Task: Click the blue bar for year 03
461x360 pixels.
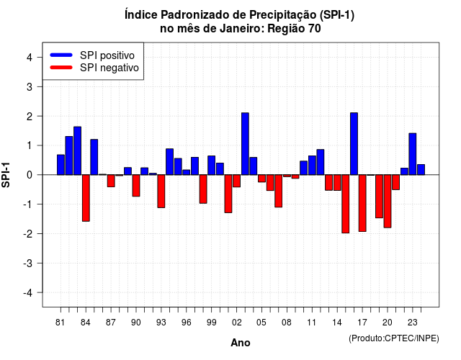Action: [x=245, y=144]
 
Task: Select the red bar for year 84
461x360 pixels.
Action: [x=86, y=198]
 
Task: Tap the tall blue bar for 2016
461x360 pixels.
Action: [x=354, y=144]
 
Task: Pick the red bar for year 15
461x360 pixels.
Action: [x=346, y=204]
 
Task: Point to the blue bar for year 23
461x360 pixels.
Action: [x=413, y=154]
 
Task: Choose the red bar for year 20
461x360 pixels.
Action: [x=388, y=202]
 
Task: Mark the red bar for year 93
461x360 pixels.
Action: [x=161, y=192]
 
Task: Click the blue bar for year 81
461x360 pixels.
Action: [x=61, y=165]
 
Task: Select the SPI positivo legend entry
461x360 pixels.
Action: [x=92, y=55]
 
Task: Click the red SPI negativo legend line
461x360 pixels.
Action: [x=61, y=68]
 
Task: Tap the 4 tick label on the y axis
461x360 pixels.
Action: [x=30, y=58]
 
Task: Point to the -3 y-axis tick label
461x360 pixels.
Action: [x=27, y=263]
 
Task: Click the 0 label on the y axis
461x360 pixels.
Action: [x=30, y=175]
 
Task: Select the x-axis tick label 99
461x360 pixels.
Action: [x=211, y=323]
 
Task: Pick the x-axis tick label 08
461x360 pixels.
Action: [x=287, y=323]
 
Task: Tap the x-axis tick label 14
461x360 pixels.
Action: [x=337, y=323]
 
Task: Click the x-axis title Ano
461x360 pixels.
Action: [x=241, y=343]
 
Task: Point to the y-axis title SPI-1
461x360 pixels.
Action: [x=6, y=175]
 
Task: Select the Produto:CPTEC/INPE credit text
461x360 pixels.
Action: [x=394, y=338]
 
